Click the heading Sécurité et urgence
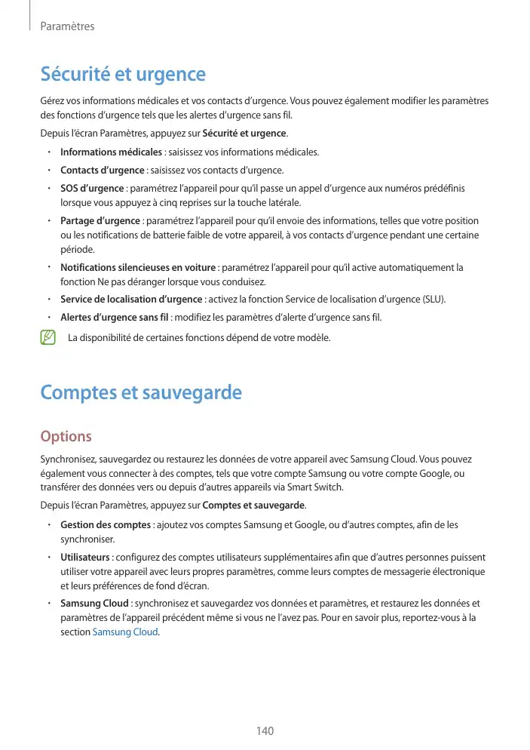pos(123,75)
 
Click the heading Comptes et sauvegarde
pos(141,393)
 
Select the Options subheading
pos(66,437)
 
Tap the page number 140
pos(265,730)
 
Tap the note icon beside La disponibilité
pos(49,337)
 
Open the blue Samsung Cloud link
pos(125,632)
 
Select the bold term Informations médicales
pos(106,152)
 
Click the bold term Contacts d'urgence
pos(102,170)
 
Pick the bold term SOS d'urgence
pos(92,188)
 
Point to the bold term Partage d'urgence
pos(100,221)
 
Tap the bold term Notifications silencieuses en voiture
pos(139,268)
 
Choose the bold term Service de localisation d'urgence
pos(131,300)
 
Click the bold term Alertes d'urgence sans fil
pos(115,318)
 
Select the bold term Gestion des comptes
pos(106,524)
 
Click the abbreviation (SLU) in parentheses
pos(433,300)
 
